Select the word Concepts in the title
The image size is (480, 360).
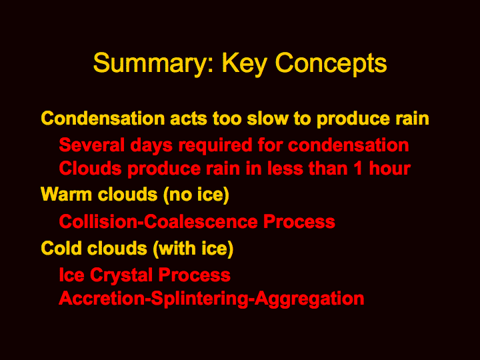[x=331, y=64]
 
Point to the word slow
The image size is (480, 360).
[x=268, y=118]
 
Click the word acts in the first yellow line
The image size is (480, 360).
[x=188, y=119]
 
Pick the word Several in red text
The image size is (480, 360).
[x=92, y=145]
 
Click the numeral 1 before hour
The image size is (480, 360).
[x=359, y=169]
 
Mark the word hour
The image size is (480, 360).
[x=390, y=169]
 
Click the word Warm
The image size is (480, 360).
[x=66, y=195]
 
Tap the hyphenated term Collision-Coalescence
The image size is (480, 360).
[x=158, y=221]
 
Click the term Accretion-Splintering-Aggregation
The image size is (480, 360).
[x=211, y=299]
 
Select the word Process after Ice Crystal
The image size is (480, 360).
[x=195, y=275]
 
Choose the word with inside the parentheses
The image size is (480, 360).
[x=176, y=248]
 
